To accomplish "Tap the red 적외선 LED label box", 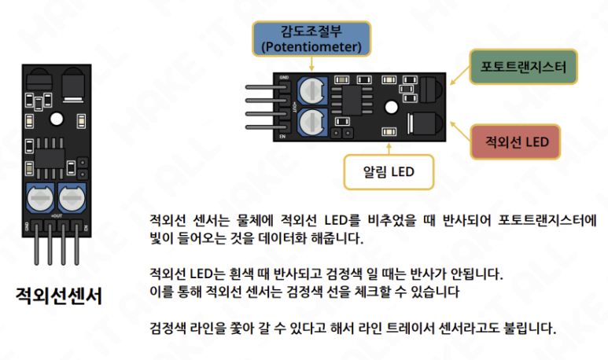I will pyautogui.click(x=516, y=142).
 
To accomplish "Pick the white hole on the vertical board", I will pyautogui.click(x=55, y=119).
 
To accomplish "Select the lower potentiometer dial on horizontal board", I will pyautogui.click(x=311, y=120).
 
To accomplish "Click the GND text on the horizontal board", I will pyautogui.click(x=283, y=78).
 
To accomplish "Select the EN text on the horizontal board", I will pyautogui.click(x=282, y=136).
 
